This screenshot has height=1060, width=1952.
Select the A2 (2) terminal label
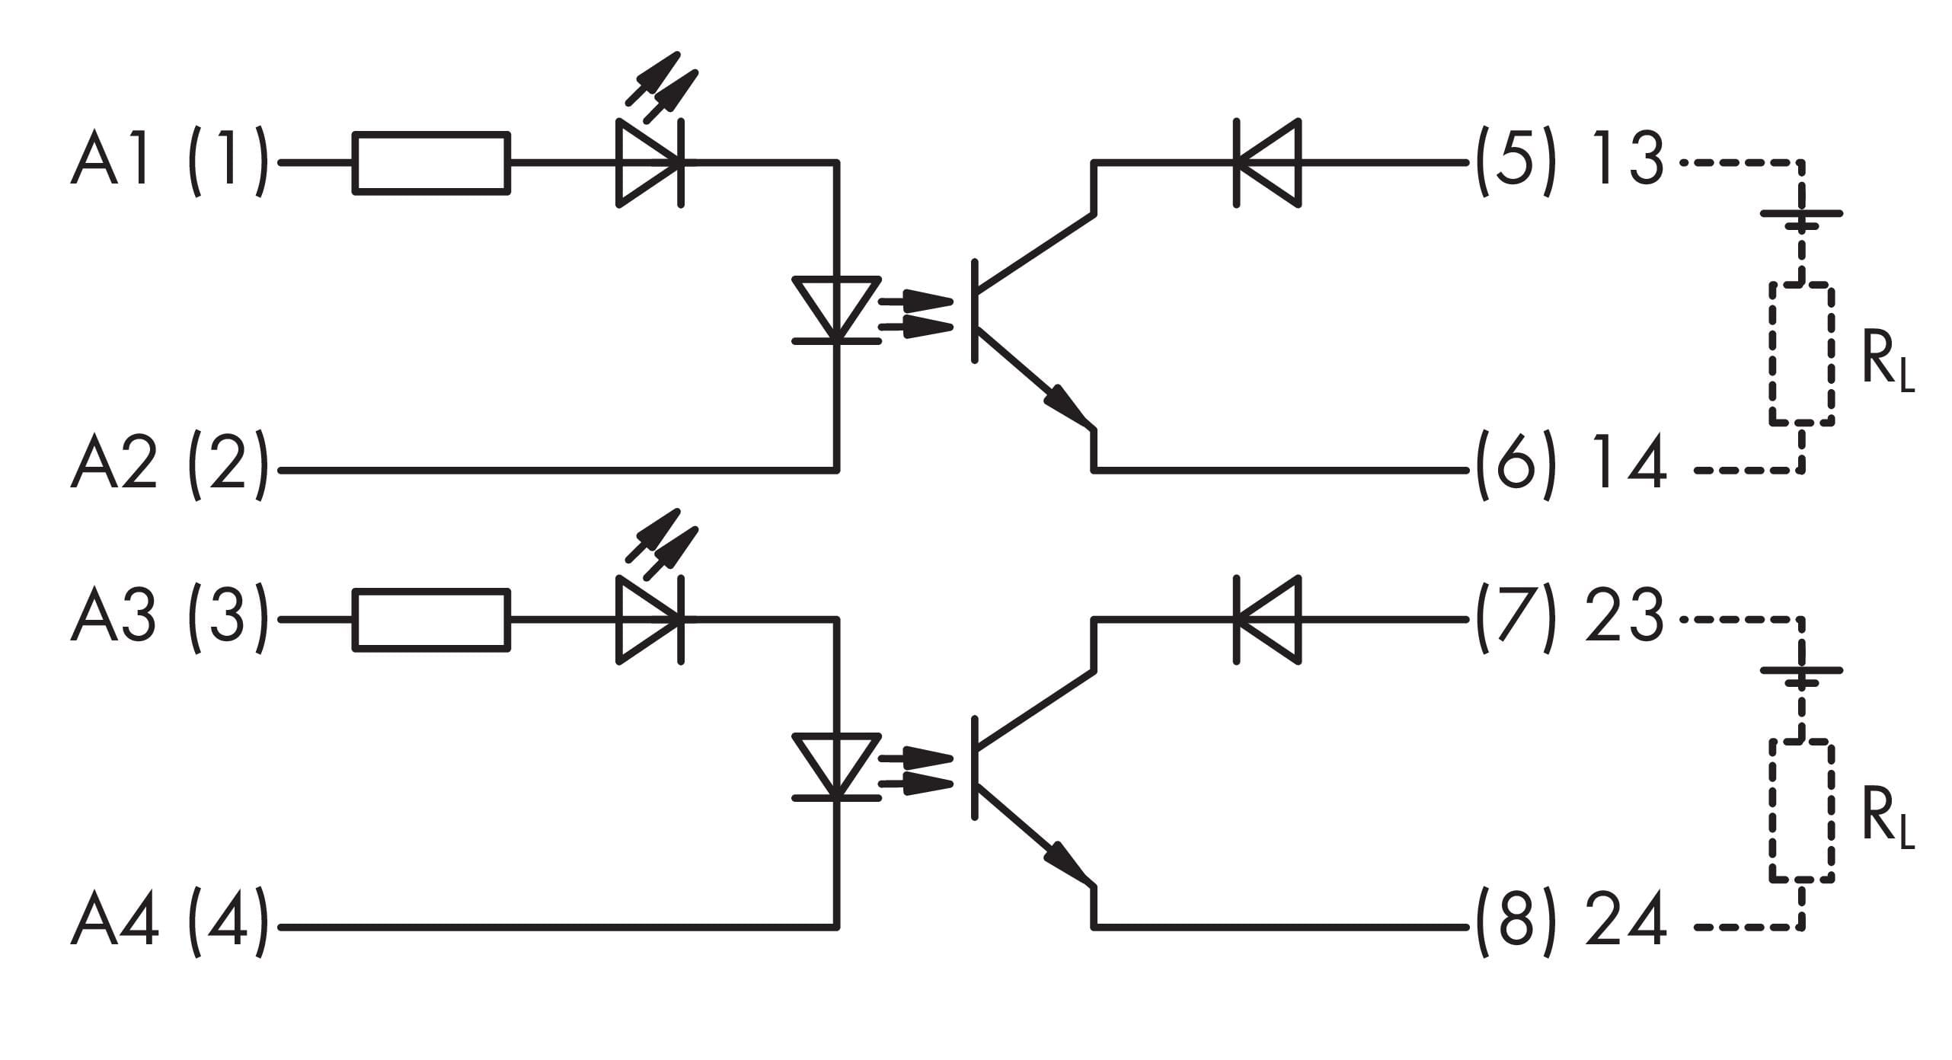169,466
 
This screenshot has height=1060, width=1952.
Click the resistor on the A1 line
431,163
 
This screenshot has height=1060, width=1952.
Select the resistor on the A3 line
431,620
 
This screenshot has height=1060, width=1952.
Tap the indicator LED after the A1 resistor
650,162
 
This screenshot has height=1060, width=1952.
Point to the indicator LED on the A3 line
650,619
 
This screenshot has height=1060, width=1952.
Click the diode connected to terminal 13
1267,163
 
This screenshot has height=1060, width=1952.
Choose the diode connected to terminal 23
1267,620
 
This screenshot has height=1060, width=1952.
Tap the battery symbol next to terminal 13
1801,220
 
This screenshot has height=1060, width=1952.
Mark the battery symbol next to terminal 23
1801,677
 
